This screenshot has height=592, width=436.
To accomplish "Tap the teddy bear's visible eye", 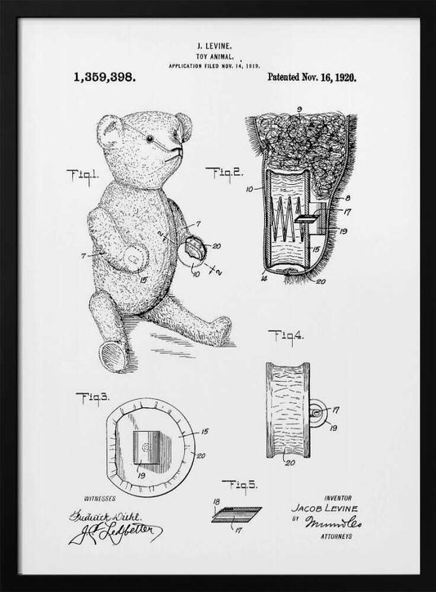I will coord(150,141).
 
